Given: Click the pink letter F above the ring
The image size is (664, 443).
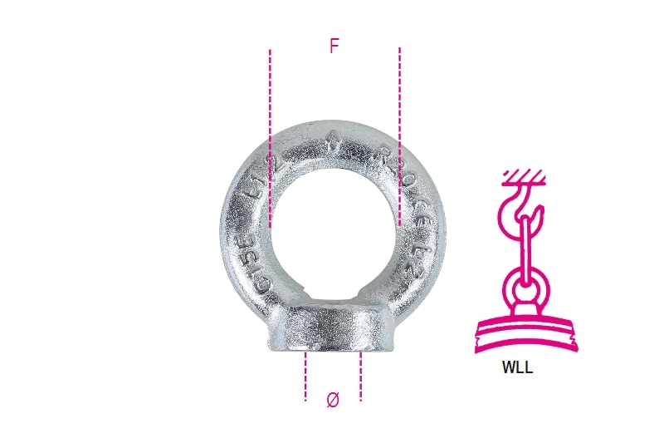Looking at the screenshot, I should pos(334,47).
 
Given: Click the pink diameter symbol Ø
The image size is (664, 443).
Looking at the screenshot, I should pos(333,401).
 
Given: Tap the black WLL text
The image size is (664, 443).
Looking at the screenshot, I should pos(517,367).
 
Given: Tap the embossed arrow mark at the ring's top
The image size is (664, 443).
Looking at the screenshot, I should pos(333,139).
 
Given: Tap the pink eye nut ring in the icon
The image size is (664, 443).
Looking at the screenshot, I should pos(525,288).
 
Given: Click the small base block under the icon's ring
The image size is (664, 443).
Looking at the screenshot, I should pos(525,308).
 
